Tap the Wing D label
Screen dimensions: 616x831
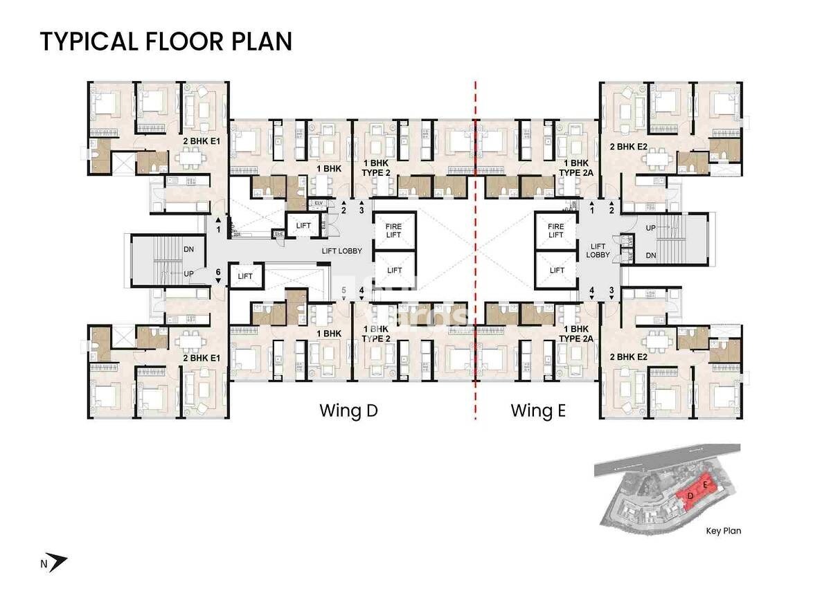click(348, 410)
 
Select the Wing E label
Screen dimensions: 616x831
click(538, 410)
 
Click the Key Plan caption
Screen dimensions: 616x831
click(723, 532)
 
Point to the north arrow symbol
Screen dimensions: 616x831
click(58, 563)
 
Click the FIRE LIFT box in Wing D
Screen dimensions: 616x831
click(394, 230)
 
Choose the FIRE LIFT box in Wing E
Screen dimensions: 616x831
click(556, 230)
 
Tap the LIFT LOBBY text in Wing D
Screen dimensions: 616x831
click(342, 251)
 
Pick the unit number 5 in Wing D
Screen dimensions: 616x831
click(343, 290)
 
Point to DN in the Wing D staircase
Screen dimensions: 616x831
click(188, 249)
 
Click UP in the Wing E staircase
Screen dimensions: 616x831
click(651, 228)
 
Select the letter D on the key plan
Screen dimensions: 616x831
click(690, 496)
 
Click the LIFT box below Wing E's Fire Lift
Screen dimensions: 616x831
click(556, 271)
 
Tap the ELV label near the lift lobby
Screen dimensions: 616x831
click(319, 203)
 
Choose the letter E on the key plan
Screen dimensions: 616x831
click(705, 486)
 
